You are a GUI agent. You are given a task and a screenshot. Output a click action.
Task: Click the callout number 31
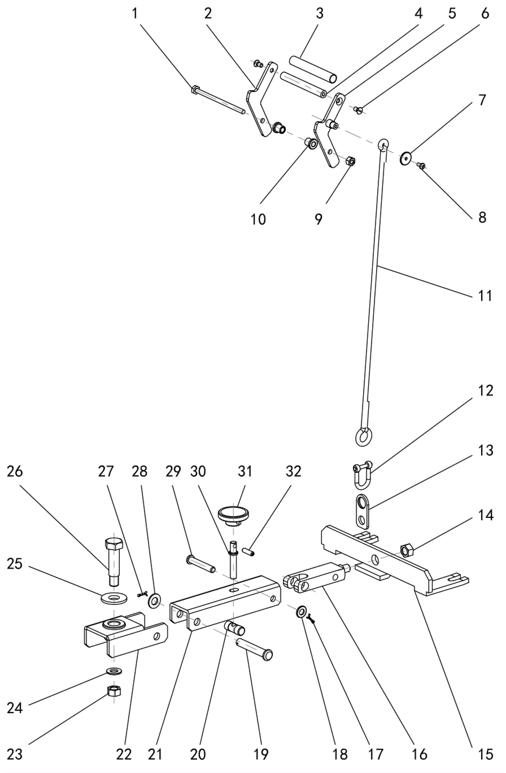point(245,471)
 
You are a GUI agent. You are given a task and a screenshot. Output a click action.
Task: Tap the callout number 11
point(485,296)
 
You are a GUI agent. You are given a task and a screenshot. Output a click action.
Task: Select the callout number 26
point(15,471)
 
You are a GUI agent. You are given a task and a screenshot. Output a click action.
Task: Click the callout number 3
point(319,13)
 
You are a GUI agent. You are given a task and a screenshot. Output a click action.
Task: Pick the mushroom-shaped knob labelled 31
point(233,514)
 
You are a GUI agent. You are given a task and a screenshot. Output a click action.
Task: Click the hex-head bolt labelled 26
point(114,562)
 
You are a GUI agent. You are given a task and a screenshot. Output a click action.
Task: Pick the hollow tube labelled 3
point(313,69)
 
